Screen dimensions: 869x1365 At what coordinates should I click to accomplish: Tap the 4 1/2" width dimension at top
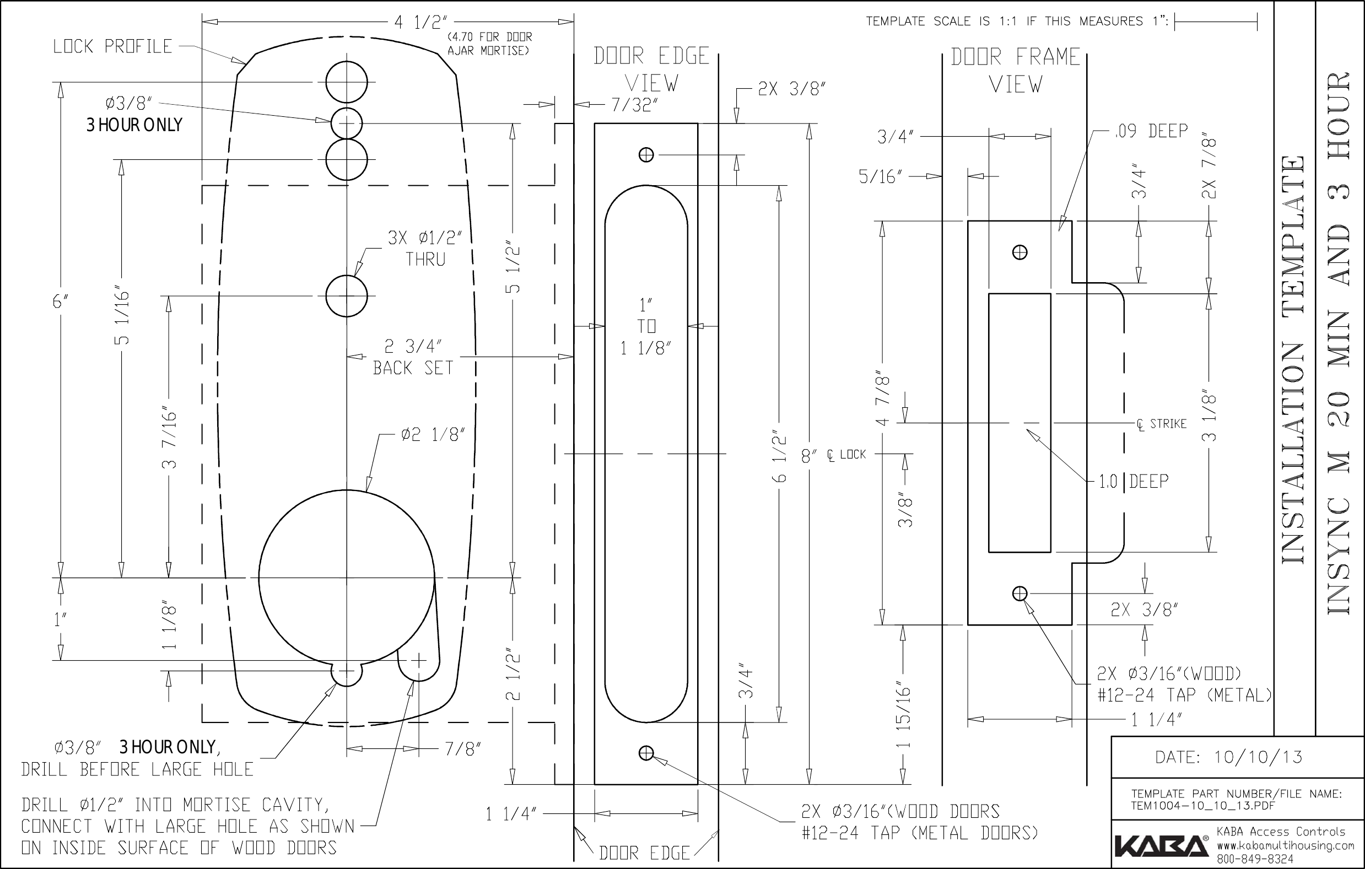[x=420, y=22]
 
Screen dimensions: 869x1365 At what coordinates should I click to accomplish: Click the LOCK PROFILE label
[x=112, y=46]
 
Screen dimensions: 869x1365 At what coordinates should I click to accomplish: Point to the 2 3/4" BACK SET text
[x=413, y=357]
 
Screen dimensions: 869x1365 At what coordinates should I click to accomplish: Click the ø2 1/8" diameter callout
[x=433, y=435]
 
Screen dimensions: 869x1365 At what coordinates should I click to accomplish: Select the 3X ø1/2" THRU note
[x=425, y=249]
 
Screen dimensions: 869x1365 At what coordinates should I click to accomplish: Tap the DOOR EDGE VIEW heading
[x=651, y=70]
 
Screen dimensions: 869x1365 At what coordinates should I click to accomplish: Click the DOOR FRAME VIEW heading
[x=1015, y=71]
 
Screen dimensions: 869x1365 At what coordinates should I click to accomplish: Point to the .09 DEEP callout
[x=1151, y=131]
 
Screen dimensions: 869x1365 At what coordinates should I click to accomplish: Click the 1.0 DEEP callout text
[x=1134, y=481]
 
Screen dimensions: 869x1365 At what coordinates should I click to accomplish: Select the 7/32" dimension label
[x=634, y=105]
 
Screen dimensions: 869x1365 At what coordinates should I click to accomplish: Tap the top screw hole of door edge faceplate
[x=646, y=155]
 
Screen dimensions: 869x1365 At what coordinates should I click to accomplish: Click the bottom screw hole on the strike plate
[x=1019, y=593]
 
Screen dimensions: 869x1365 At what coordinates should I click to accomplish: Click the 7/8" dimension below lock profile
[x=462, y=749]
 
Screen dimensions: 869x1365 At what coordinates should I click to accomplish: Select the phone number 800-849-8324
[x=1255, y=859]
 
